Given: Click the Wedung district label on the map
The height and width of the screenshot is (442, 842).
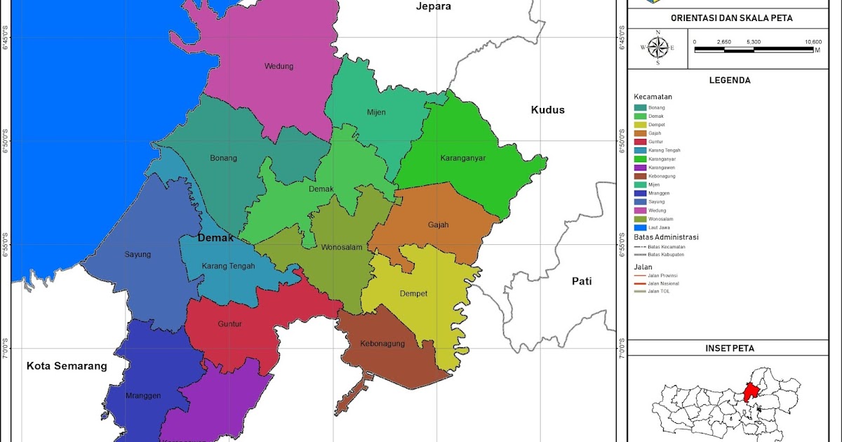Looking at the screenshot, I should (x=279, y=67).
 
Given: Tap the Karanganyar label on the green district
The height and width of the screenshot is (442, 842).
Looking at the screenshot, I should (x=463, y=158).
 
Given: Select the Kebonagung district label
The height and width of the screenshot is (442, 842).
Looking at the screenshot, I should (x=382, y=344).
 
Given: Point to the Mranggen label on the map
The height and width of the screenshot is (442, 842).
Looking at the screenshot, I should (x=143, y=396).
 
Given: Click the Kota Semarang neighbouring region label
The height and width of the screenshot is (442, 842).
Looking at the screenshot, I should (x=67, y=366).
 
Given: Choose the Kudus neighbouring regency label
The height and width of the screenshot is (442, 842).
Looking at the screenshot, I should (x=547, y=110).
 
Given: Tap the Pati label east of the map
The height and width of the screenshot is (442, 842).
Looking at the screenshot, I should (x=581, y=281).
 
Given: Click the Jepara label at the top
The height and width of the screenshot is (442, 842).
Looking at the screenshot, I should (x=433, y=6).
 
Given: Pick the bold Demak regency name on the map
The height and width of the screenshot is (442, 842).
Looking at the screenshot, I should (x=215, y=238).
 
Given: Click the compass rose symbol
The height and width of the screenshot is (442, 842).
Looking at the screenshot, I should (x=658, y=48).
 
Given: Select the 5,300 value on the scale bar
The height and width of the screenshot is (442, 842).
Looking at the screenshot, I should (x=754, y=42).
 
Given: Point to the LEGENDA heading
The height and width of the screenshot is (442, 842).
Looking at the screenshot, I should (x=730, y=80).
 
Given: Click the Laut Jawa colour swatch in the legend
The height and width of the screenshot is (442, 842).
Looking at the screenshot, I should (x=640, y=227).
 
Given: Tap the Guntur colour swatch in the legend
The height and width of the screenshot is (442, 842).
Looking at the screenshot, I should (x=640, y=142).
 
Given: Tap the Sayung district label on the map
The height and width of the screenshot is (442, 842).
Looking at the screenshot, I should (x=138, y=255).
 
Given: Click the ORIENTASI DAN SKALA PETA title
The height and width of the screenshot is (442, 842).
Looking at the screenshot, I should (x=731, y=18).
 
